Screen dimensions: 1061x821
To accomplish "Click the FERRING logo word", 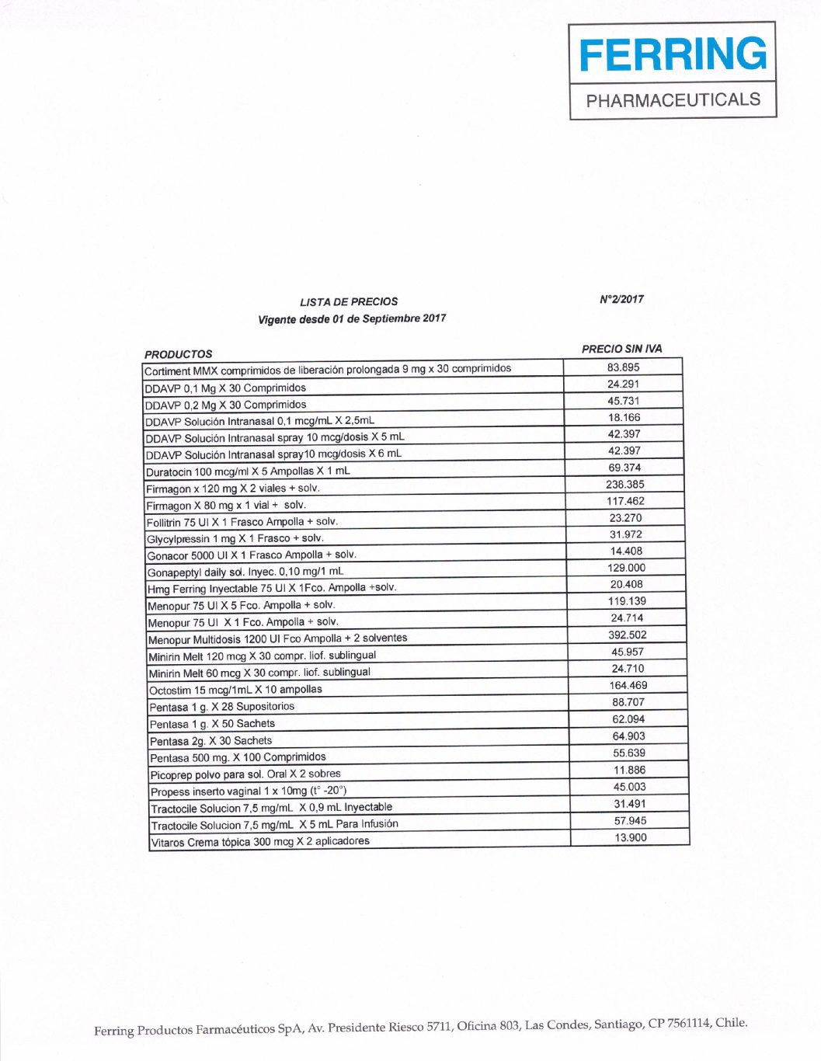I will pyautogui.click(x=673, y=54).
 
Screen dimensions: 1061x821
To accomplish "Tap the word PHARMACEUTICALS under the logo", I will pyautogui.click(x=673, y=100).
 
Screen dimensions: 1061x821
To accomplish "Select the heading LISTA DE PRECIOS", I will pyautogui.click(x=349, y=301).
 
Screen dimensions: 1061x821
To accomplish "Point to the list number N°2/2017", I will pyautogui.click(x=621, y=299).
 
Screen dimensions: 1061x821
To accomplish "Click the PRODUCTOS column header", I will pyautogui.click(x=178, y=354).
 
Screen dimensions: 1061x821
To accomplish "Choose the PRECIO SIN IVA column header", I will pyautogui.click(x=621, y=349).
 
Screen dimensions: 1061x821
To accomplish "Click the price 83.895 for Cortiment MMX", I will pyautogui.click(x=623, y=367).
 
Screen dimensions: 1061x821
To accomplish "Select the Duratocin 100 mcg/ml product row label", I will pyautogui.click(x=248, y=471).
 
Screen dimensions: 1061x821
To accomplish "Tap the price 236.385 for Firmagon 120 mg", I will pyautogui.click(x=624, y=485).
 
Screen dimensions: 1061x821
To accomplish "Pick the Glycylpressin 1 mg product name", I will pyautogui.click(x=235, y=538).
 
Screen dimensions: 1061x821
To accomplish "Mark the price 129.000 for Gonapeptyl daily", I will pyautogui.click(x=626, y=568).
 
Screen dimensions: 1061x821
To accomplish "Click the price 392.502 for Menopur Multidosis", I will pyautogui.click(x=627, y=635).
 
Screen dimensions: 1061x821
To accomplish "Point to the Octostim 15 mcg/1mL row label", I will pyautogui.click(x=235, y=690).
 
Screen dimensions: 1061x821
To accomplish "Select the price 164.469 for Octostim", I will pyautogui.click(x=628, y=685).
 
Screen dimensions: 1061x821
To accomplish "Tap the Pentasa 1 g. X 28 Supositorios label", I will pyautogui.click(x=222, y=707).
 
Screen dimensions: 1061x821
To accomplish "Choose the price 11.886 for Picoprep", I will pyautogui.click(x=628, y=770).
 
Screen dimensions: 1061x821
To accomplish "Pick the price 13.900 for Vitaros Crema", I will pyautogui.click(x=630, y=837).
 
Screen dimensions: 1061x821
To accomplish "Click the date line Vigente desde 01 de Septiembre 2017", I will pyautogui.click(x=352, y=318).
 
